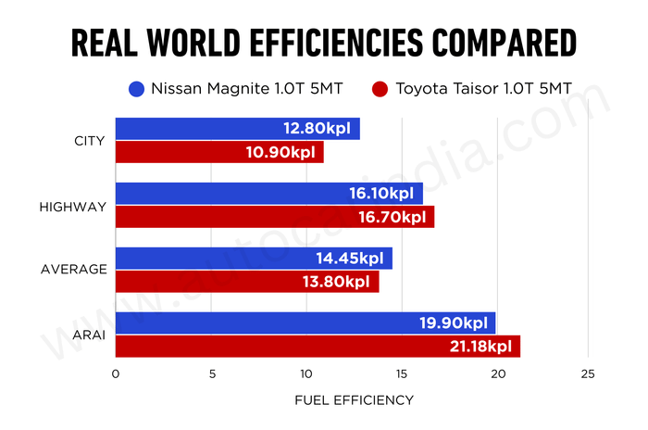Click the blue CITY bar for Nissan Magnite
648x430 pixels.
tap(237, 129)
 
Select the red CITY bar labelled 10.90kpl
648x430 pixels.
tap(219, 152)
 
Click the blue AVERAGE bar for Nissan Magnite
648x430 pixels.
tap(254, 259)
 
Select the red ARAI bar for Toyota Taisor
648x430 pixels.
tap(317, 347)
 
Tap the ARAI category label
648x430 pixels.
tap(90, 335)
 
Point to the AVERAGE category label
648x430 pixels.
tap(74, 270)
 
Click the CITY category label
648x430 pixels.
tap(90, 141)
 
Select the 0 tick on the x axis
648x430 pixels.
tap(115, 374)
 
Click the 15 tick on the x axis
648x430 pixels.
tap(401, 374)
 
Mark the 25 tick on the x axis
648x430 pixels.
tap(589, 374)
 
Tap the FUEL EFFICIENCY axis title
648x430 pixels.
tap(354, 400)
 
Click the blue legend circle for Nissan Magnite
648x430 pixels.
tap(137, 90)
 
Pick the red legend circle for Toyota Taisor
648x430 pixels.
tap(380, 90)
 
